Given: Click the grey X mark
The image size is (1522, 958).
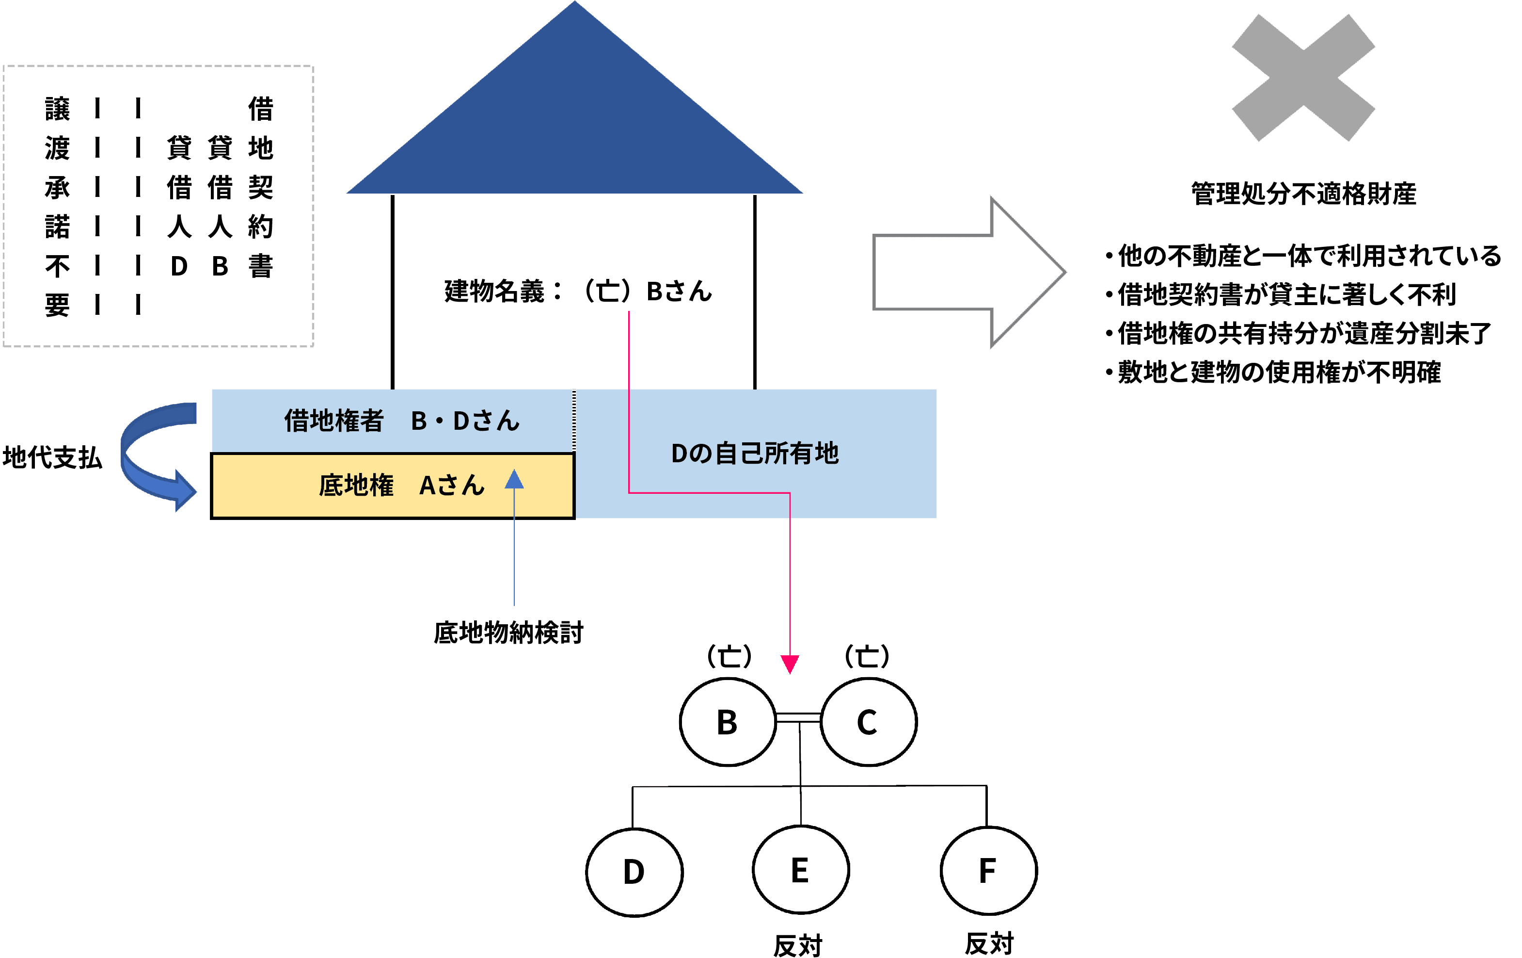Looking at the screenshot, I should pos(1303,77).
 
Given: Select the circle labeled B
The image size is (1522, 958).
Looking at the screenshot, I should pos(728,721).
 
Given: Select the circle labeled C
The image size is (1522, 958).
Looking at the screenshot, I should pos(868,721).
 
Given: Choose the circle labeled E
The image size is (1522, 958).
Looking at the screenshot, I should pos(800,870).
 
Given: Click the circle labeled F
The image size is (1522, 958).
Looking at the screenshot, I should pos(988,871).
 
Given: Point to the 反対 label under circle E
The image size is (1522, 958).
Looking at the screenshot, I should pos(798,945).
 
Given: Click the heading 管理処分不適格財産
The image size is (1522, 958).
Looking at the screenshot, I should pos(1303,194).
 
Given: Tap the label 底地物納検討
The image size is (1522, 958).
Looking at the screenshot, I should pos(508,633).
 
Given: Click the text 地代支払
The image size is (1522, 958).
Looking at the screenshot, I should pos(52,457).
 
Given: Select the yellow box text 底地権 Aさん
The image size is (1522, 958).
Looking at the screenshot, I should pos(401,486).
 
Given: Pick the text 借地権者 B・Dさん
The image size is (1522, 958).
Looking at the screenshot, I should pos(401,421).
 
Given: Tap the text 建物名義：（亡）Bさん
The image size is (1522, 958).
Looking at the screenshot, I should pos(578,292).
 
